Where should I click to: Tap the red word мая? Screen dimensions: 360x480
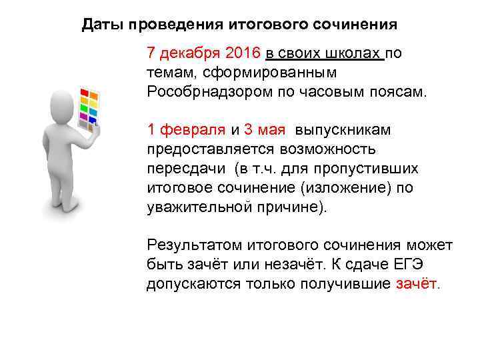pyautogui.click(x=274, y=129)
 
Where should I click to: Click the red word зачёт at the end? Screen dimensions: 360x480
pyautogui.click(x=417, y=283)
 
